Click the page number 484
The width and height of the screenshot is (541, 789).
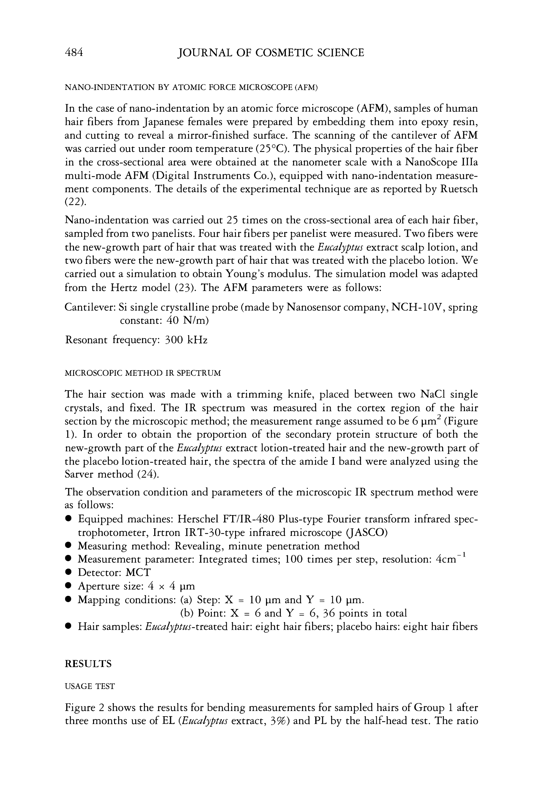click(74, 52)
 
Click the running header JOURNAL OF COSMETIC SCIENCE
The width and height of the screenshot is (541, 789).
click(271, 52)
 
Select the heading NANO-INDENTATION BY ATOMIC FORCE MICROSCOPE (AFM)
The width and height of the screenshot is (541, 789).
click(191, 88)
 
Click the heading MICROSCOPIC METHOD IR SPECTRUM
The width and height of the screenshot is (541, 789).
click(143, 373)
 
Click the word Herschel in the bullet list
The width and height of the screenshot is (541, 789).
click(198, 519)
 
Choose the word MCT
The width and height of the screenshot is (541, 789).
click(138, 572)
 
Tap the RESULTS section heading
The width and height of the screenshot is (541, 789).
click(88, 664)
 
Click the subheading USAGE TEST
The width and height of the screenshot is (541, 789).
click(90, 686)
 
